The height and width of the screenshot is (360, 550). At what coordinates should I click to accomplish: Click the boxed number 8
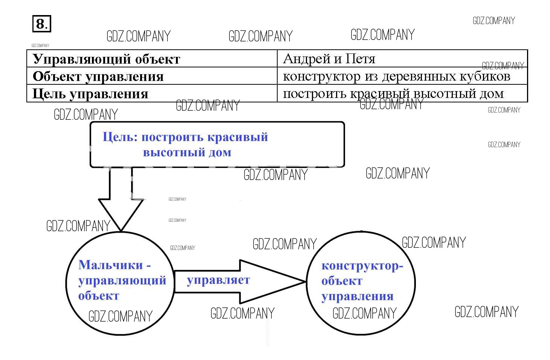tap(41, 24)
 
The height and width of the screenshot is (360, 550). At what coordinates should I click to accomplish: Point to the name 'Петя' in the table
tap(361, 59)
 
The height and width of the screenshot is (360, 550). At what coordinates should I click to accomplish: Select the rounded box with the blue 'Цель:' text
tap(217, 144)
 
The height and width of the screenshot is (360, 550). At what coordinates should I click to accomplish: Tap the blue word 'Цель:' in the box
tap(120, 137)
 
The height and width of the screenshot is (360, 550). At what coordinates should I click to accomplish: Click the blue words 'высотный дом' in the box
tap(187, 153)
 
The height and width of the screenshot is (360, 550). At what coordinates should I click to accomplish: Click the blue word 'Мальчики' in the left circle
tap(111, 265)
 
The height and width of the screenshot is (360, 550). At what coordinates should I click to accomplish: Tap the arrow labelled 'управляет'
tap(241, 281)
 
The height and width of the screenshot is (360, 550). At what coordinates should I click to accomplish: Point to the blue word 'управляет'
tap(218, 280)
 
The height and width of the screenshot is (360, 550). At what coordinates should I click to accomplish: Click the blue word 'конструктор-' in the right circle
tap(362, 266)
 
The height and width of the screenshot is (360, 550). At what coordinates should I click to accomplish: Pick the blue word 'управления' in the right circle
tap(357, 296)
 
